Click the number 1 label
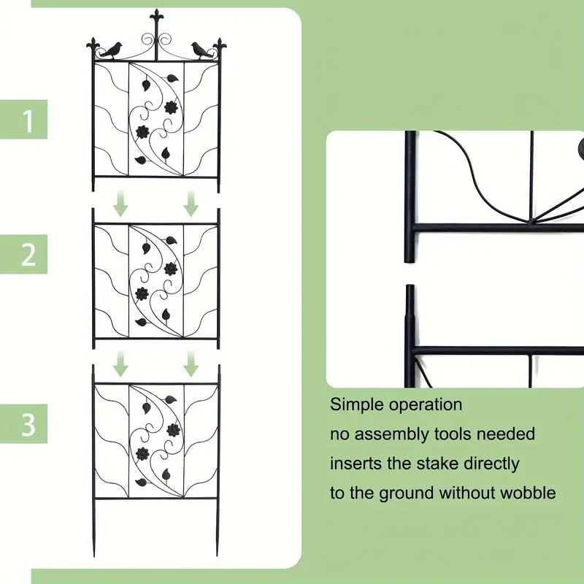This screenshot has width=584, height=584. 28,120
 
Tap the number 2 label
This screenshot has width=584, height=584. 28,255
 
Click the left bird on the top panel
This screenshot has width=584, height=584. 112,50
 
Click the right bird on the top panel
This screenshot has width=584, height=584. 199,50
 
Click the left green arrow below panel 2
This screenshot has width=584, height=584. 121,363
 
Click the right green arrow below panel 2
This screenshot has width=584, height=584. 191,363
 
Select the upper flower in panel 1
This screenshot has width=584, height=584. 172,107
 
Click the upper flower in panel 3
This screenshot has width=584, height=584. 174,429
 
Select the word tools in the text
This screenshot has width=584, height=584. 454,434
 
